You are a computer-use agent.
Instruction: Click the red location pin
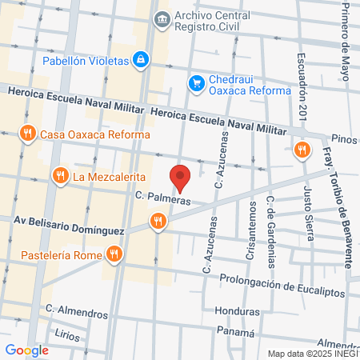(x=181, y=177)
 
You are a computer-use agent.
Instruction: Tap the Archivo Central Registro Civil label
(x=214, y=21)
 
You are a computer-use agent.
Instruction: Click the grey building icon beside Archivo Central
(x=162, y=18)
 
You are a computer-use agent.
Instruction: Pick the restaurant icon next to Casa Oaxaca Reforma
(x=29, y=134)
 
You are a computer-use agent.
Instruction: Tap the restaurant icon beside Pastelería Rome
(x=114, y=254)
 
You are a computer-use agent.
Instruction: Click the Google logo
(x=26, y=350)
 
